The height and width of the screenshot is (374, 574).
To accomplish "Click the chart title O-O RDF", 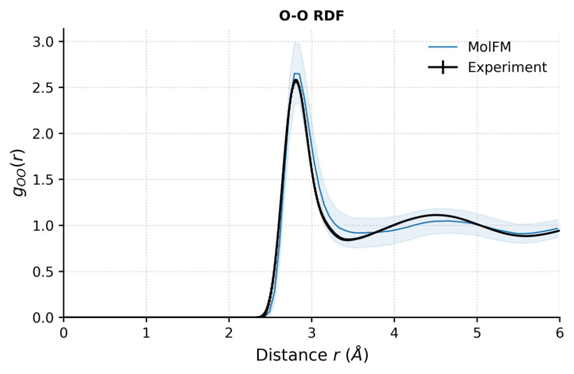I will point(311,16).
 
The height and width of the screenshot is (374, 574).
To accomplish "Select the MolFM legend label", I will point(489,47).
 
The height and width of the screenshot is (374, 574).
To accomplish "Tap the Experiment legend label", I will point(507,67).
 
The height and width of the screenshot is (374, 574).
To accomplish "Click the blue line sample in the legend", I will point(443,47).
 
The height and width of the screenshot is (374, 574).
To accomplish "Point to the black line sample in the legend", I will point(443,67).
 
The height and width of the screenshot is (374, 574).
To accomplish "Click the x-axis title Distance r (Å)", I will point(311,355).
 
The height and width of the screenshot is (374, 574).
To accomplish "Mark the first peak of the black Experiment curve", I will point(296,80).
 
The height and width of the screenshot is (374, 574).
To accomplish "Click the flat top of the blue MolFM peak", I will point(297,74).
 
